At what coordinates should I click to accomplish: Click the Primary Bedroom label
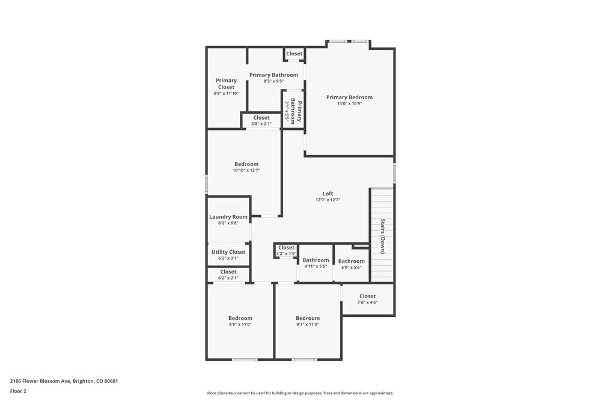[x=349, y=97]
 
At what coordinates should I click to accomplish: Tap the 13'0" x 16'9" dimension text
[x=349, y=104]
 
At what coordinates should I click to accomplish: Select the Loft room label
[x=328, y=194]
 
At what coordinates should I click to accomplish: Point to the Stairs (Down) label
[x=382, y=236]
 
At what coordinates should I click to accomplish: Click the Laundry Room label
[x=228, y=217]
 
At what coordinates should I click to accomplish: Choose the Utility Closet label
[x=228, y=252]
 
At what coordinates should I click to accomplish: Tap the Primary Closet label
[x=226, y=84]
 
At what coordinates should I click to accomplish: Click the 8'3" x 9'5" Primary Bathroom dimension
[x=273, y=81]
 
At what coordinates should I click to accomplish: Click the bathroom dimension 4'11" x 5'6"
[x=316, y=266]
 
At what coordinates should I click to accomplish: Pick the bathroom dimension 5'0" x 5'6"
[x=351, y=268]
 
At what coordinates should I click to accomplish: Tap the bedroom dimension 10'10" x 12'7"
[x=246, y=170]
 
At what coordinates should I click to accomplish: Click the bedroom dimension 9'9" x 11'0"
[x=240, y=325]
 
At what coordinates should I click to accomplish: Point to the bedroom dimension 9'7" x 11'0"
[x=307, y=325]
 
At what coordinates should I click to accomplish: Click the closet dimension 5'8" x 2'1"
[x=261, y=124]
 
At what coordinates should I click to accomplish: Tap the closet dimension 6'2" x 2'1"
[x=228, y=278]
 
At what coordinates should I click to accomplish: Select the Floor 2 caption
[x=18, y=391]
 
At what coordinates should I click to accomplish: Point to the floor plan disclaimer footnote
[x=300, y=393]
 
